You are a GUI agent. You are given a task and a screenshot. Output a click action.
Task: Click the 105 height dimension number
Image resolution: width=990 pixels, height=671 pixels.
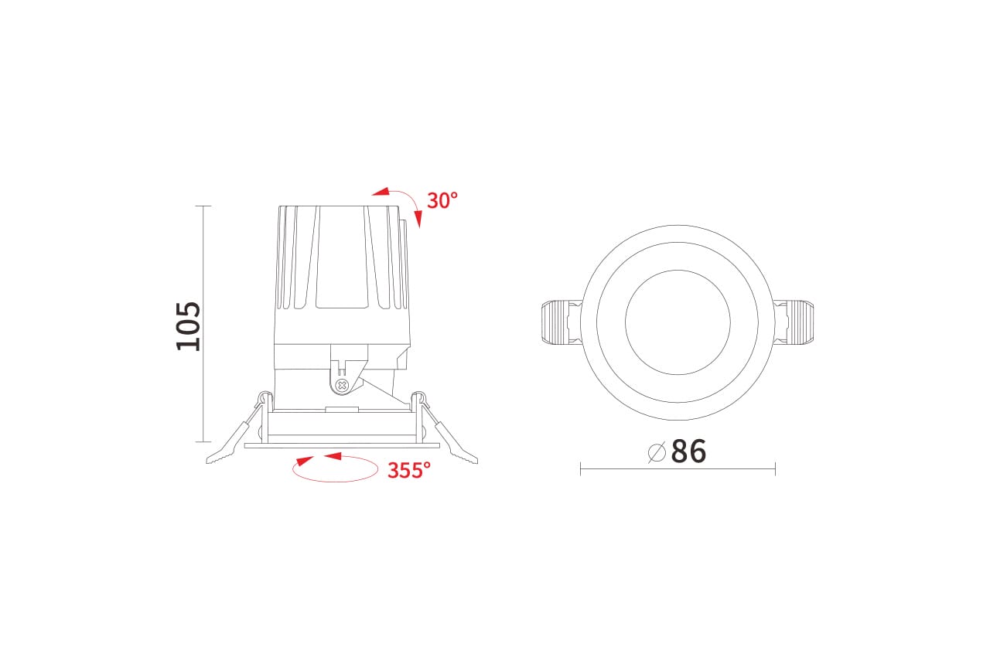(188, 326)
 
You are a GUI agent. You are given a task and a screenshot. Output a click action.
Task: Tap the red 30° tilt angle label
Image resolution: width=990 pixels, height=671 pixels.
(442, 200)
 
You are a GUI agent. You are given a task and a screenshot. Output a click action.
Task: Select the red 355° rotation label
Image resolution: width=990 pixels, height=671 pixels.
(409, 470)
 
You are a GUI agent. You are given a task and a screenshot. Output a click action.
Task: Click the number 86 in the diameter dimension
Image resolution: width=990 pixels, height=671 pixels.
(688, 451)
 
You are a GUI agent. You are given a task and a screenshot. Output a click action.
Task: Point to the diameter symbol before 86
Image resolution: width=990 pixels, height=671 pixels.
(657, 452)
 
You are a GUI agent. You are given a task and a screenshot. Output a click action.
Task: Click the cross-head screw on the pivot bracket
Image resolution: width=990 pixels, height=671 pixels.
(341, 385)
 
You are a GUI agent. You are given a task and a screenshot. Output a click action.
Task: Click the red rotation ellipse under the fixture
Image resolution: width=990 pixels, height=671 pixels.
(335, 481)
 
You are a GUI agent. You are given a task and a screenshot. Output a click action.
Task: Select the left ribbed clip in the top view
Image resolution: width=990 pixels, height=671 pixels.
(562, 322)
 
